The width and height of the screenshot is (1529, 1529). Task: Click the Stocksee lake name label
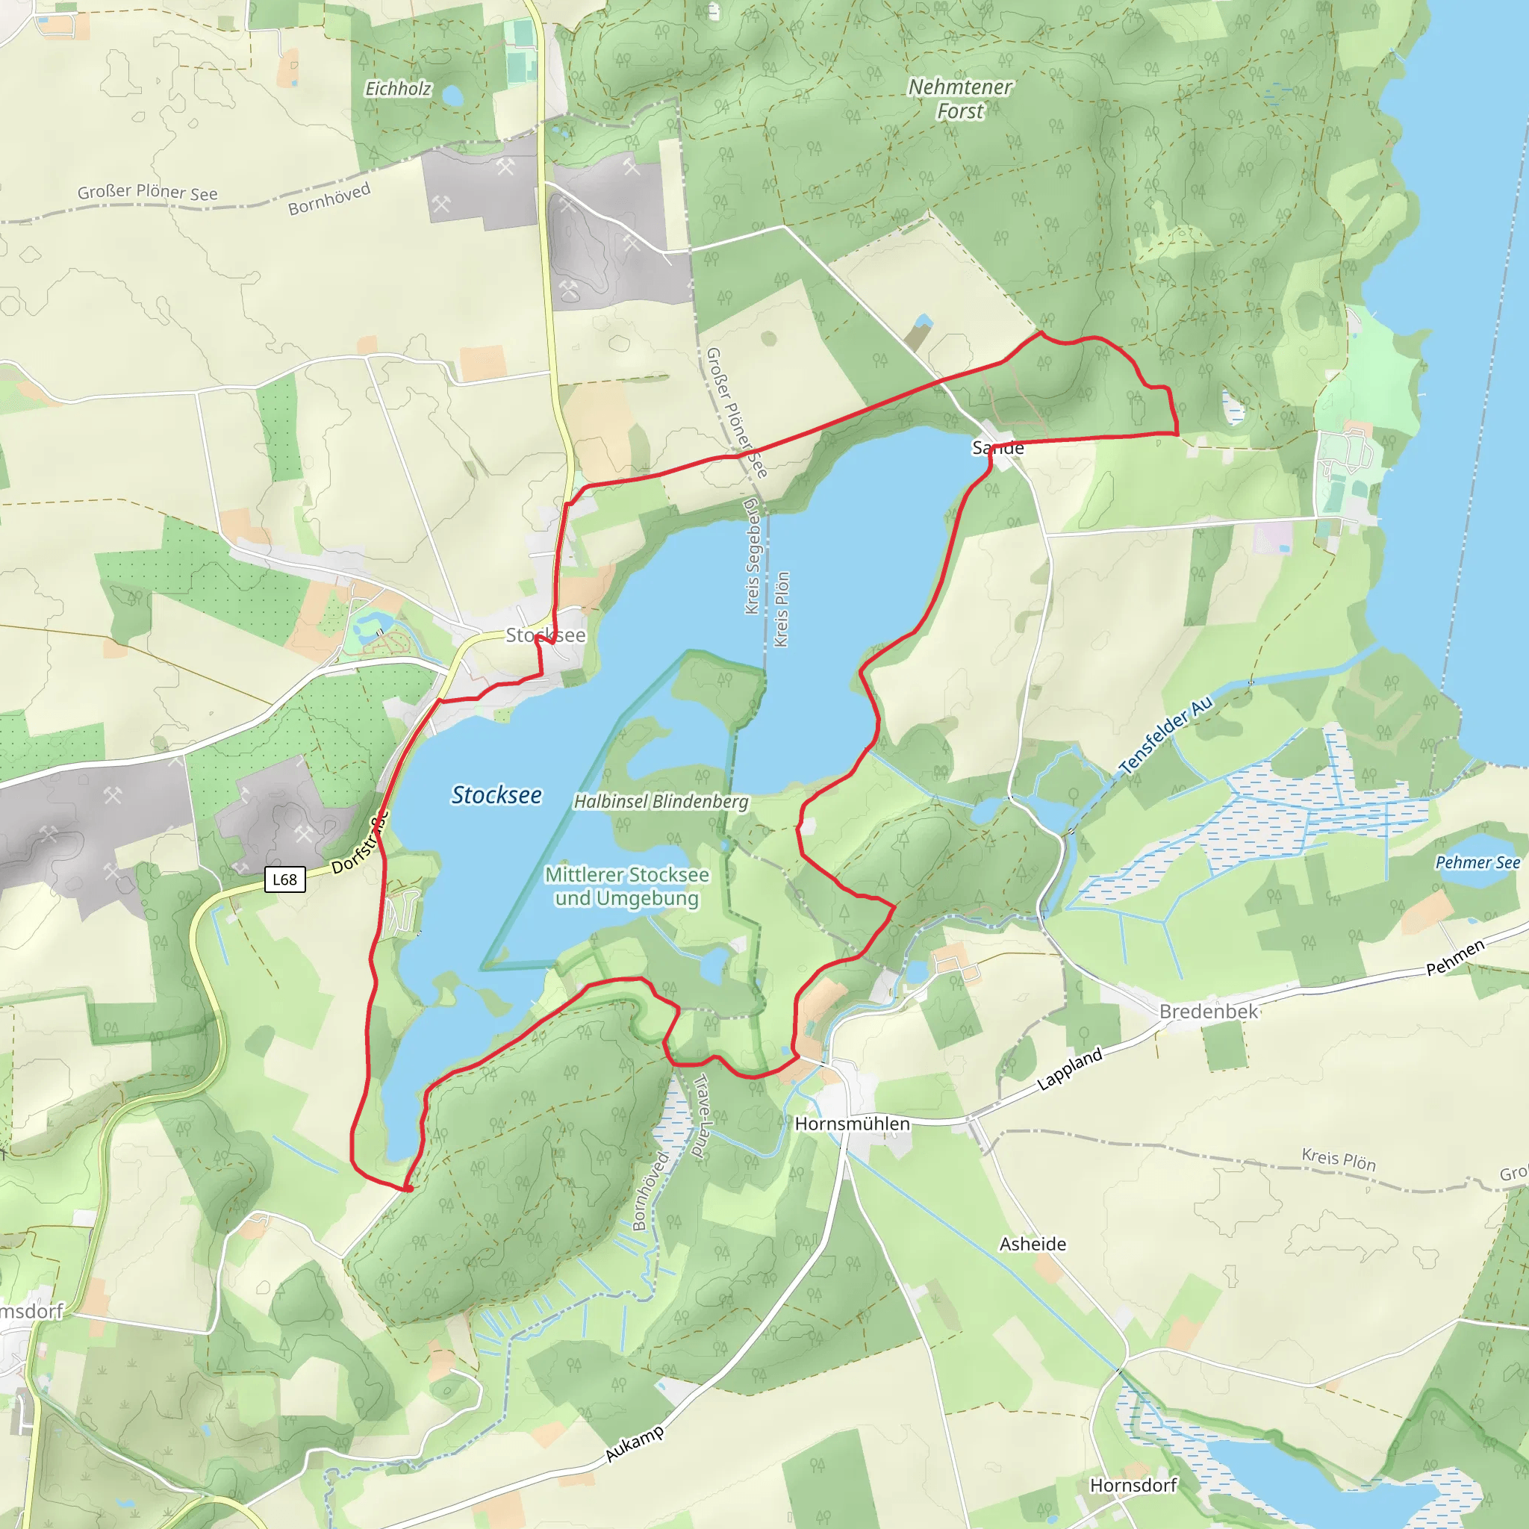click(x=496, y=795)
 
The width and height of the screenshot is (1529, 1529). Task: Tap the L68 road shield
click(x=285, y=879)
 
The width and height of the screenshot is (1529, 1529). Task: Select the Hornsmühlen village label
click(x=852, y=1124)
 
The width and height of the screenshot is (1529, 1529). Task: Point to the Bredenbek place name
click(x=1208, y=1012)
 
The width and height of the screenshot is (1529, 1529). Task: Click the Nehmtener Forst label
click(x=959, y=99)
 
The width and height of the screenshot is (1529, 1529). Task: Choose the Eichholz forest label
click(x=398, y=89)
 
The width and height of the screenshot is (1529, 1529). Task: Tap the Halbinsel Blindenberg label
click(x=661, y=802)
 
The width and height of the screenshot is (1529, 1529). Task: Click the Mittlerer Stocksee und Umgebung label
click(x=627, y=886)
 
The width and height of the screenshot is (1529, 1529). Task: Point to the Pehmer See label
click(x=1477, y=862)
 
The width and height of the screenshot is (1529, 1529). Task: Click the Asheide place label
click(x=1032, y=1244)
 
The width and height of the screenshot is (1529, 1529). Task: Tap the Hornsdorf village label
click(x=1133, y=1486)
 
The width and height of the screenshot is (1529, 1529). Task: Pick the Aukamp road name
click(x=634, y=1445)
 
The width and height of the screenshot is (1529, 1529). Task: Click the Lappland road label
click(x=1069, y=1068)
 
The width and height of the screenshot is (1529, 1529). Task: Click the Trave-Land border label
click(x=700, y=1116)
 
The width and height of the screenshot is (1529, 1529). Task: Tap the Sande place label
click(x=997, y=448)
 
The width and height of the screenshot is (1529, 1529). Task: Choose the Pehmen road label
click(x=1454, y=958)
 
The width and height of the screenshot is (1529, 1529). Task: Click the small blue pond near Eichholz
click(x=452, y=96)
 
